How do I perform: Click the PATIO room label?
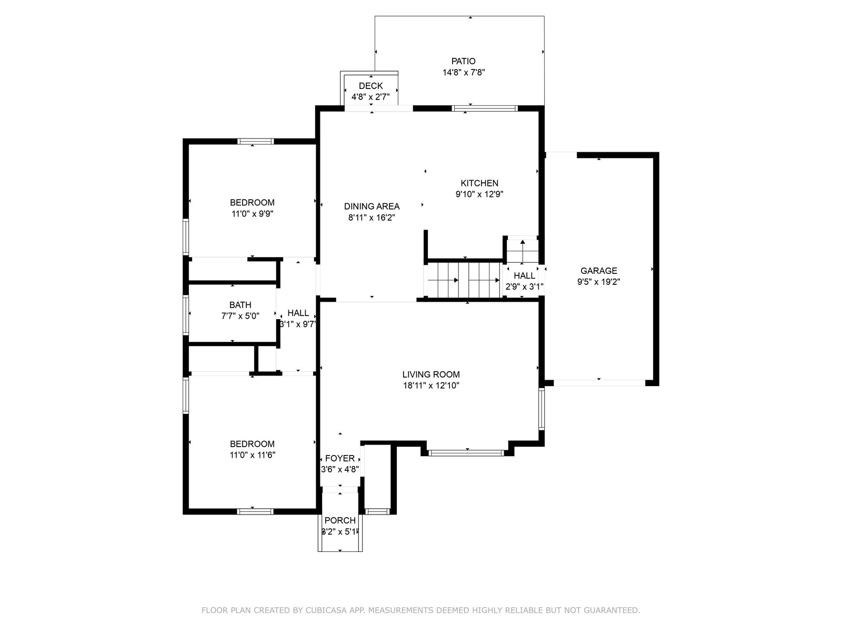(x=464, y=61)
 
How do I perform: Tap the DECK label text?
(x=370, y=85)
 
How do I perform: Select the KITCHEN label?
(x=479, y=183)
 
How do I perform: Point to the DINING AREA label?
(x=372, y=206)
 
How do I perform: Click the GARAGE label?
(x=599, y=271)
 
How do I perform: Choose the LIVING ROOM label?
(x=431, y=374)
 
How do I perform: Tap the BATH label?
(x=240, y=305)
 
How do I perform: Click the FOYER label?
(x=340, y=458)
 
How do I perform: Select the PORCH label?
(x=340, y=520)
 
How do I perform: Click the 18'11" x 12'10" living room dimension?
(x=431, y=386)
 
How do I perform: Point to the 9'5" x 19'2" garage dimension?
(x=599, y=282)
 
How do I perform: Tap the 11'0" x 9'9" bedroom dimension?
(x=253, y=214)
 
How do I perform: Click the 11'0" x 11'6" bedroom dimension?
(x=253, y=455)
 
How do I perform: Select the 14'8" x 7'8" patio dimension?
(x=464, y=72)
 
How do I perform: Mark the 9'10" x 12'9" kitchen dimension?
(x=479, y=194)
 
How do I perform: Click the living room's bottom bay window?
(x=466, y=453)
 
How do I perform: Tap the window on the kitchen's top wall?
(x=485, y=108)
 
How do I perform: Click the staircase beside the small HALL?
(x=464, y=280)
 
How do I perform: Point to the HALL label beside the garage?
(x=524, y=275)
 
